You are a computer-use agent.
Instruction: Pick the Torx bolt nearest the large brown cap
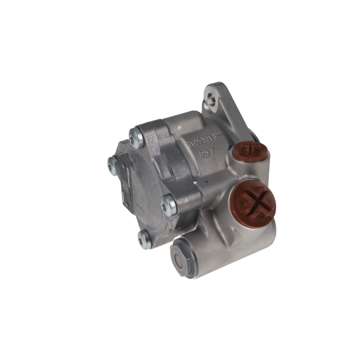169,204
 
